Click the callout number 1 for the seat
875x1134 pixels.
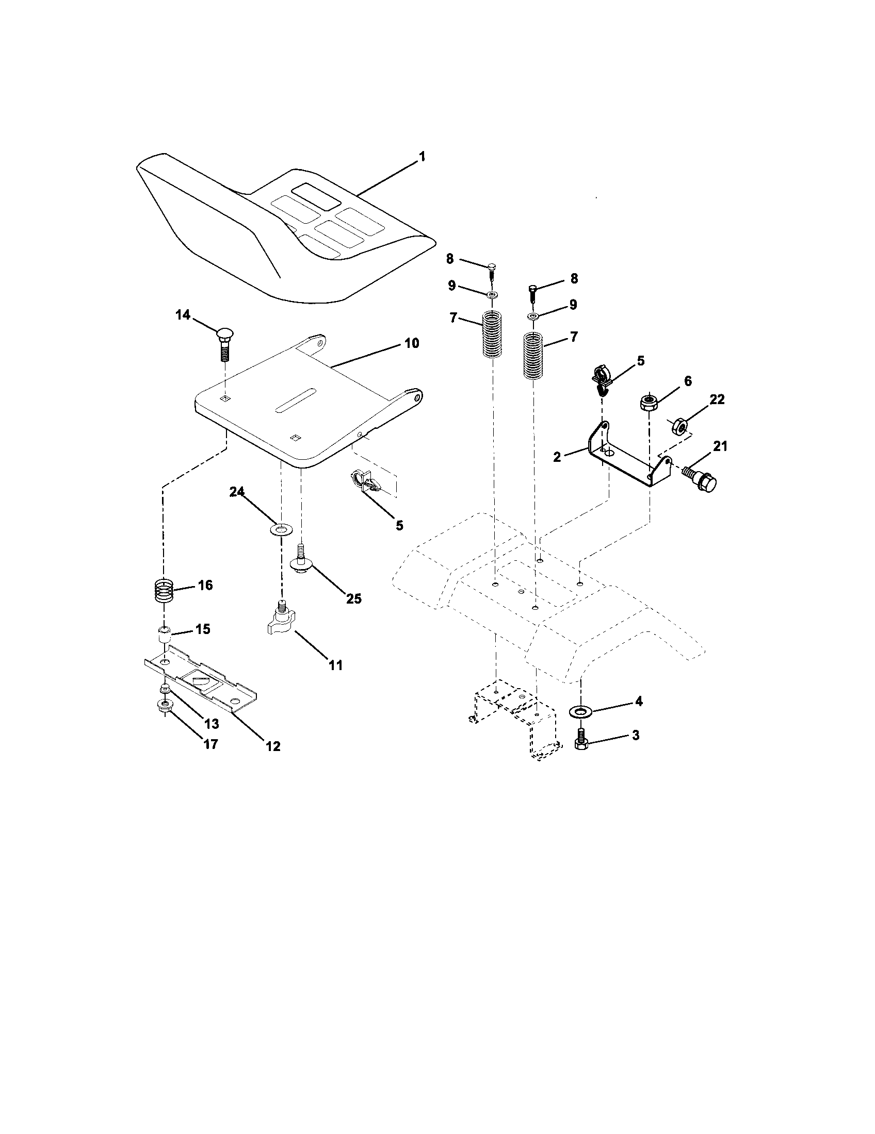(x=422, y=156)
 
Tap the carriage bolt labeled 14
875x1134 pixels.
(x=224, y=344)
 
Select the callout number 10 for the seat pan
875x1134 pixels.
(x=411, y=344)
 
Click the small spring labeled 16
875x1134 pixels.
(x=164, y=590)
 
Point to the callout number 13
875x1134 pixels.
(x=212, y=723)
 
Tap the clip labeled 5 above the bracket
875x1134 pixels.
(x=602, y=378)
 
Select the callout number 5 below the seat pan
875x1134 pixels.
(x=399, y=525)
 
